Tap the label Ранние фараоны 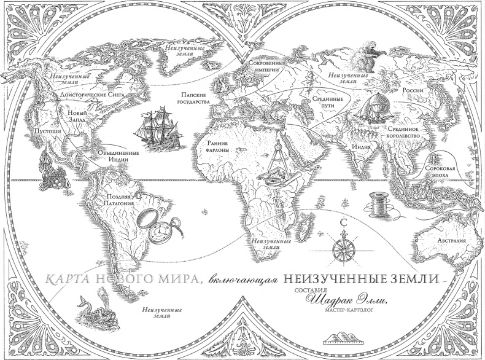tap(219, 144)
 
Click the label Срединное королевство tap(403, 133)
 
